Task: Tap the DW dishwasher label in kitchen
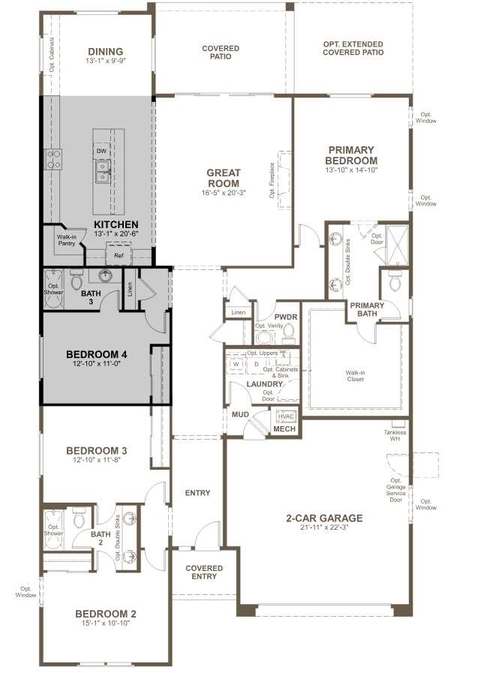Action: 102,151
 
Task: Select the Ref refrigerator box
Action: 119,256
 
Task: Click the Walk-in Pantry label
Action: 66,240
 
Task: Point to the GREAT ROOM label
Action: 223,178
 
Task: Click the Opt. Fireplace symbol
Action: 285,172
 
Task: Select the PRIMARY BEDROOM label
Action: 350,155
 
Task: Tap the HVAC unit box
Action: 287,416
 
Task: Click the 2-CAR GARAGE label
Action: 324,518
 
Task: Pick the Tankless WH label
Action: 395,435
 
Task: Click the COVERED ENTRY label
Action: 200,572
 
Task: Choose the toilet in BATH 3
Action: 76,281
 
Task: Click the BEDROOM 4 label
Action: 97,354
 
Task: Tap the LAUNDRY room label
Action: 265,384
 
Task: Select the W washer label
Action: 236,365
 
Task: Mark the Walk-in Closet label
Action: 354,375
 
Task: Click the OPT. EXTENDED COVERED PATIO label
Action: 353,49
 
